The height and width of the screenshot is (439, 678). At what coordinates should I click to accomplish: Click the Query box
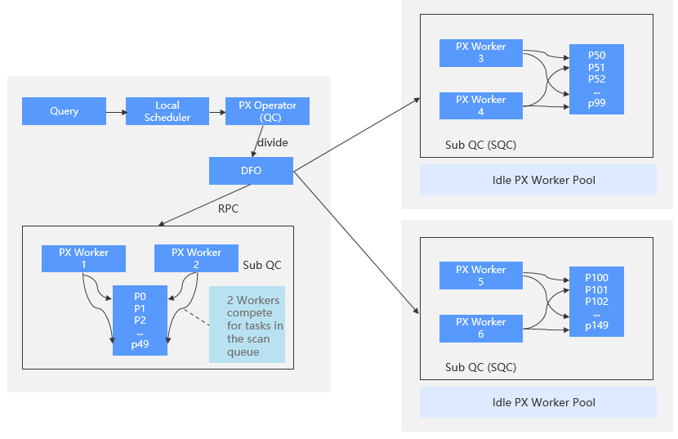pyautogui.click(x=64, y=111)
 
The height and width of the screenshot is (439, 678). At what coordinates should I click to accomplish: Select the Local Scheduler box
pyautogui.click(x=167, y=111)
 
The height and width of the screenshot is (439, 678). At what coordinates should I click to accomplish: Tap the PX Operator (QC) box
pyautogui.click(x=268, y=111)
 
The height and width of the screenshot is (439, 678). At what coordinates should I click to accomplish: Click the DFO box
pyautogui.click(x=251, y=171)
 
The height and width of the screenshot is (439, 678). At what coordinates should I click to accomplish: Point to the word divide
pyautogui.click(x=272, y=143)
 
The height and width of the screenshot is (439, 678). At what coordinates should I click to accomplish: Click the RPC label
pyautogui.click(x=228, y=208)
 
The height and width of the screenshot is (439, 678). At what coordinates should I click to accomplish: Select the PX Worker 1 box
pyautogui.click(x=83, y=258)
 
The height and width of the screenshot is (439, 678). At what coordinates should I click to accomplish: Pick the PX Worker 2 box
pyautogui.click(x=196, y=258)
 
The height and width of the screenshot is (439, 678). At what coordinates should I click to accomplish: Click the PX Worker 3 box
pyautogui.click(x=480, y=52)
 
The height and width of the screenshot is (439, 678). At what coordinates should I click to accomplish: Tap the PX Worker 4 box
pyautogui.click(x=480, y=105)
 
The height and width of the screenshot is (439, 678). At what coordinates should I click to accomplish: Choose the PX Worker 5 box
pyautogui.click(x=480, y=275)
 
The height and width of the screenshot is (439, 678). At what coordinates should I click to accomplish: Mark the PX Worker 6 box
pyautogui.click(x=480, y=328)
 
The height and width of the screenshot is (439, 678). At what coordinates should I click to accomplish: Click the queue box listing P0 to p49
pyautogui.click(x=140, y=320)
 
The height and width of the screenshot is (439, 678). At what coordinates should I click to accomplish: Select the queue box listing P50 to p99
pyautogui.click(x=596, y=78)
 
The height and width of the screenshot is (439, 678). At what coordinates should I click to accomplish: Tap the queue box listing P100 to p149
pyautogui.click(x=596, y=301)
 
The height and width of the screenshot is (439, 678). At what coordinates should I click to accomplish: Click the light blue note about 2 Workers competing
pyautogui.click(x=247, y=324)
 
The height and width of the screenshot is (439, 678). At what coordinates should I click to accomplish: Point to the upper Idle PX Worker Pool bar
pyautogui.click(x=537, y=180)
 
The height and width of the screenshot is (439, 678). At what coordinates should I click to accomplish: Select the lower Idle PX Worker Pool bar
pyautogui.click(x=537, y=402)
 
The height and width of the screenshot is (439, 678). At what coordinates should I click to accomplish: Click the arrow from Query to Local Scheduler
pyautogui.click(x=115, y=111)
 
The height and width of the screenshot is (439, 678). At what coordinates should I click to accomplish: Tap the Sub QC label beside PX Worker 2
pyautogui.click(x=262, y=266)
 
